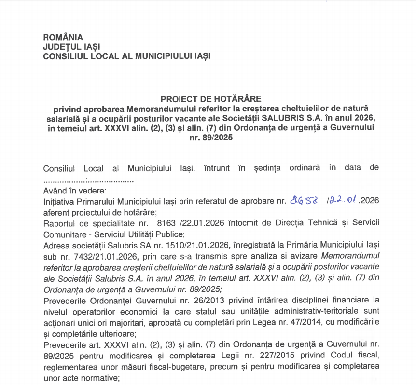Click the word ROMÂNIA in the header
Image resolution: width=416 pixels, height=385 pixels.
(x=63, y=37)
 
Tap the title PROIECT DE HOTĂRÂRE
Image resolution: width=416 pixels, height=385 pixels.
(x=211, y=99)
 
